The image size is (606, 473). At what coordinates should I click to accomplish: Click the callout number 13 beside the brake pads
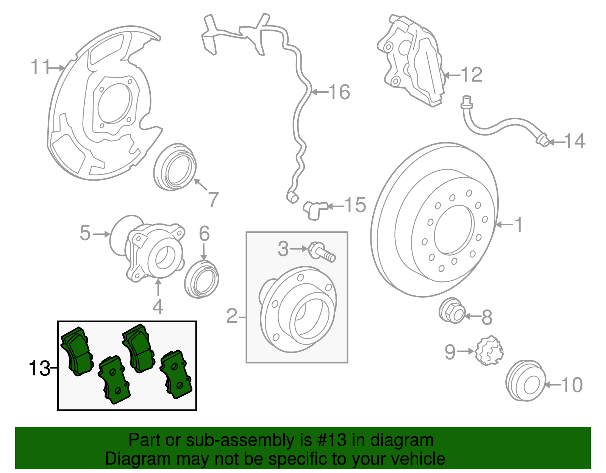39,368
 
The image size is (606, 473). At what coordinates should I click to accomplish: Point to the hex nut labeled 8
452,311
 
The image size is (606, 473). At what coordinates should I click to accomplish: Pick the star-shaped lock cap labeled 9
489,351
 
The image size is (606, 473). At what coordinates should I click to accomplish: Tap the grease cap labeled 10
525,381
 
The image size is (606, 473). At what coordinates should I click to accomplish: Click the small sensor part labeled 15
314,209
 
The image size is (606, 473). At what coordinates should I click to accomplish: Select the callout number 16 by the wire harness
339,92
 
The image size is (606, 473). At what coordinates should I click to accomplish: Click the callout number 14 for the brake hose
575,141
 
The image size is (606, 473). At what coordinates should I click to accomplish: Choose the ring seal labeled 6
202,279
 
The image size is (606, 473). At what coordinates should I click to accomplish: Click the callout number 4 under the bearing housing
158,306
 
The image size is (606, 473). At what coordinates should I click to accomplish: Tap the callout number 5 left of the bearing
85,233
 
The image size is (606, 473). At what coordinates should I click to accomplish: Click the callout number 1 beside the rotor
519,225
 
